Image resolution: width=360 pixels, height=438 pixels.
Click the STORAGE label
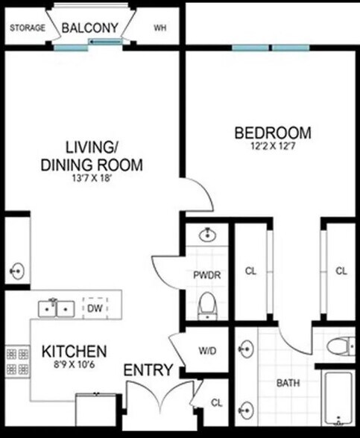[x=28, y=28]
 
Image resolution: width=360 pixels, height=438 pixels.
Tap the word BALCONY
[x=89, y=28]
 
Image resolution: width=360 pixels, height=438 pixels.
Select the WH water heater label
[x=160, y=28]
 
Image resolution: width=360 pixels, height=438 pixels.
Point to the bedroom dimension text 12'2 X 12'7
[x=273, y=146]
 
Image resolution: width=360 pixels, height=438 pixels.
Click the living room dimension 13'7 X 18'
[x=92, y=178]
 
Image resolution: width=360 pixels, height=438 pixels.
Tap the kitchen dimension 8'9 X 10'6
[x=74, y=364]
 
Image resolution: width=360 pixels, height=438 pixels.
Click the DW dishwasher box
[x=95, y=308]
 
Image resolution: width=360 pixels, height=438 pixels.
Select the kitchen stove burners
[x=17, y=362]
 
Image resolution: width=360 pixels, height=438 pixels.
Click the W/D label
[x=207, y=351]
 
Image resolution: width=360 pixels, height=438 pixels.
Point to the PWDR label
[x=207, y=275]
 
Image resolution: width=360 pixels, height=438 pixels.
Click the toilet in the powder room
[x=207, y=306]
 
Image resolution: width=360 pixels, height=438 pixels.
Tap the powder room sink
[x=207, y=235]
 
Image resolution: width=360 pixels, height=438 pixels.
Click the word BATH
[x=288, y=383]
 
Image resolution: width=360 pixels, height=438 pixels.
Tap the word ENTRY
[x=148, y=370]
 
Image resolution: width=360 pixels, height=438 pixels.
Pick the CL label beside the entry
[x=217, y=403]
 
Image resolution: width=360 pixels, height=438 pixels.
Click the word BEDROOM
[x=273, y=133]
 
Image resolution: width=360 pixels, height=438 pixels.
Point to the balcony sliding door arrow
[x=106, y=42]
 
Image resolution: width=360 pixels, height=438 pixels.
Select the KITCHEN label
[x=74, y=352]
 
